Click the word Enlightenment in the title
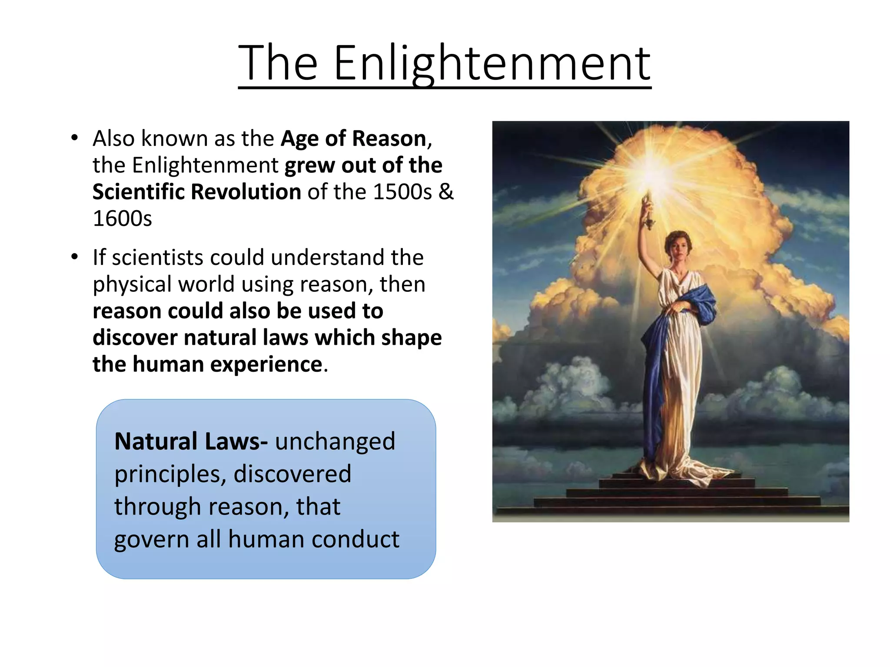492,64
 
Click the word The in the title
278,64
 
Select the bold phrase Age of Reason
353,139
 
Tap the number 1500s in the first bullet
402,192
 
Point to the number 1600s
123,218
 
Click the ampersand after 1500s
446,192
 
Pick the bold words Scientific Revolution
196,192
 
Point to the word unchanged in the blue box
335,442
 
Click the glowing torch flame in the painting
648,176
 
